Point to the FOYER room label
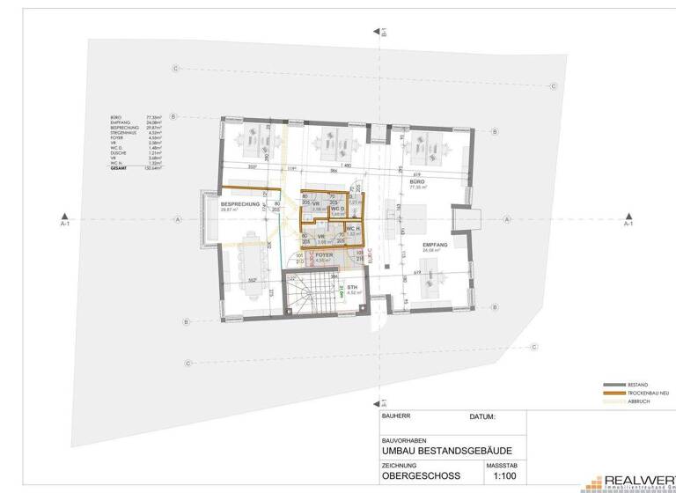point(323,255)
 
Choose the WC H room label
point(350,229)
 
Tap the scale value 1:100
point(504,476)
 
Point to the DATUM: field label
point(483,417)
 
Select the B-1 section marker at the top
point(384,33)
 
